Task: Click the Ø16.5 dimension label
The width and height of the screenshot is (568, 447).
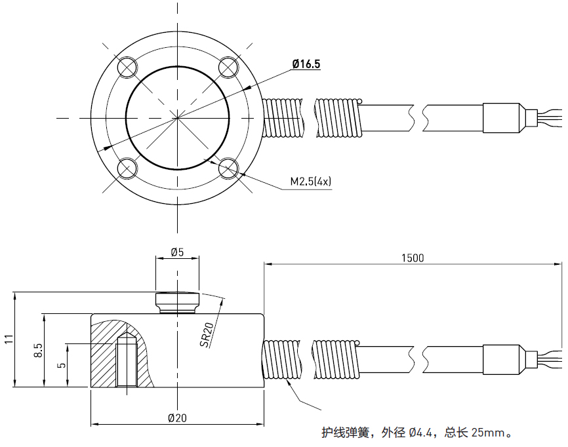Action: pyautogui.click(x=306, y=64)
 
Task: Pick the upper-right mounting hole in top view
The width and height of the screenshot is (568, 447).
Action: pyautogui.click(x=228, y=67)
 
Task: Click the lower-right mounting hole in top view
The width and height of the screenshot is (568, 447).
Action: pyautogui.click(x=228, y=168)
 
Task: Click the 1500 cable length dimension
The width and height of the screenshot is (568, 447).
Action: pyautogui.click(x=413, y=258)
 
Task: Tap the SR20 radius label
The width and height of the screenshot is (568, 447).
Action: pyautogui.click(x=207, y=336)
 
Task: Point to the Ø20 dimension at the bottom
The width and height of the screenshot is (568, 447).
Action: pyautogui.click(x=177, y=418)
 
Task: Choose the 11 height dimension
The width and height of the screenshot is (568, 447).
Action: pyautogui.click(x=8, y=339)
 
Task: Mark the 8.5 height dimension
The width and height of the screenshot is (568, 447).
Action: pyautogui.click(x=38, y=350)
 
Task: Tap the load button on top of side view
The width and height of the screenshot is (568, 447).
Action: pyautogui.click(x=177, y=302)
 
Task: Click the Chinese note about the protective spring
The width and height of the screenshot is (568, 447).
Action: pyautogui.click(x=416, y=433)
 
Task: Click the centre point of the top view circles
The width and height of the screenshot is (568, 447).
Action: pyautogui.click(x=177, y=118)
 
